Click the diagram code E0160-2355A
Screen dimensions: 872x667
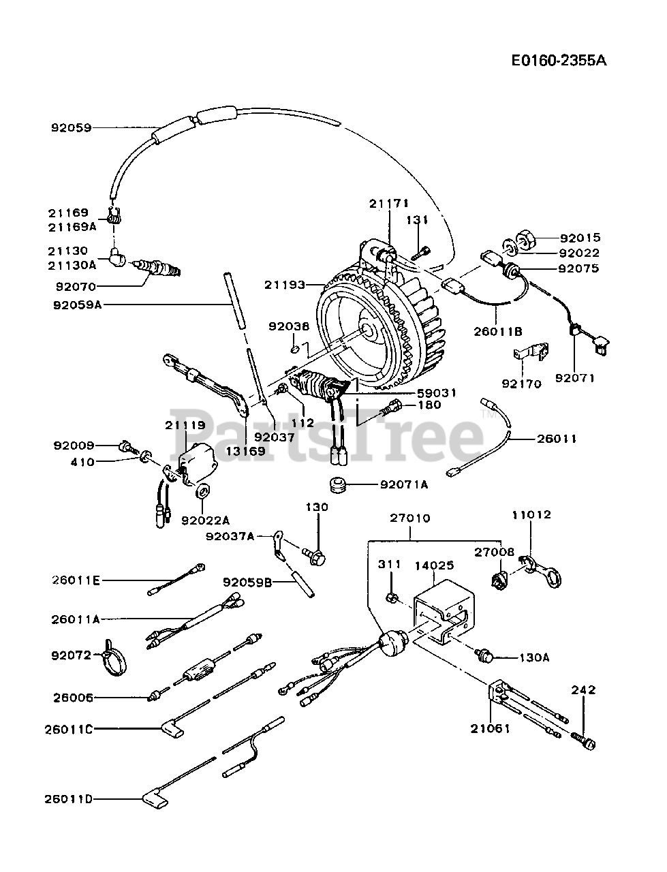tap(559, 60)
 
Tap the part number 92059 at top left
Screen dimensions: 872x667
tap(71, 127)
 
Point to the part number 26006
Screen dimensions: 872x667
tap(72, 698)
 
